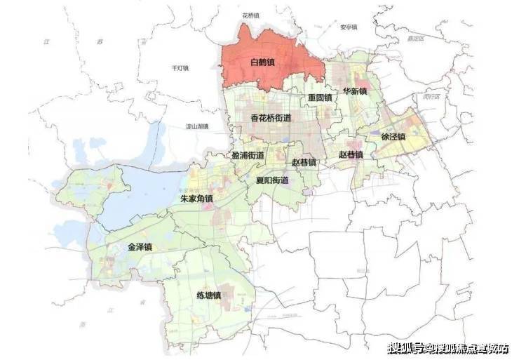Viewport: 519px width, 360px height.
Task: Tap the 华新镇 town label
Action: click(x=355, y=92)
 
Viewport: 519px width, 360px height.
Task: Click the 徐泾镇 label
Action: click(x=393, y=137)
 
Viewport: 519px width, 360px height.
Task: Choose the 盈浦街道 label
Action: click(x=248, y=155)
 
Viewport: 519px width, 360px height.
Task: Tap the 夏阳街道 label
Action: click(x=272, y=180)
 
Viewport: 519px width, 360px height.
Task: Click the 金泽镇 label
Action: click(x=140, y=247)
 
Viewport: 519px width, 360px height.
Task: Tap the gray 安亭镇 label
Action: click(x=349, y=27)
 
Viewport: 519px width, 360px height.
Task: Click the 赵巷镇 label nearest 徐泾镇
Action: click(x=351, y=154)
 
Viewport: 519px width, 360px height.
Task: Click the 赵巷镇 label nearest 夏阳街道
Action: click(x=304, y=163)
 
